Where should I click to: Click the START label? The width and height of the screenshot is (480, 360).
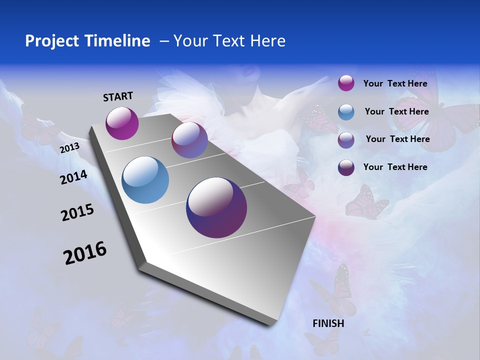tap(118, 96)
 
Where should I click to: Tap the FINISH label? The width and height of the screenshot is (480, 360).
tap(328, 323)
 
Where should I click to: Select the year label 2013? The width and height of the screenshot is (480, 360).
tap(69, 148)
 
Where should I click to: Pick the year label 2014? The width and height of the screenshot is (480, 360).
tap(73, 177)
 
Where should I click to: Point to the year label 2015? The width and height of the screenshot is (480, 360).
tap(77, 212)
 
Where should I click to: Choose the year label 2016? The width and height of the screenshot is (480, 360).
tap(85, 253)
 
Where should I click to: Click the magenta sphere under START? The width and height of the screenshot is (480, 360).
tap(122, 123)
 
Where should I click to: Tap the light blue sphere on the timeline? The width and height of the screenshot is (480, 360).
tap(145, 180)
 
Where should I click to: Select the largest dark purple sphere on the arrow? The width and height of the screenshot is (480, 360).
tap(216, 207)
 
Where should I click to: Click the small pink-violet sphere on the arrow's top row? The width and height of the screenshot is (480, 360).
tap(189, 140)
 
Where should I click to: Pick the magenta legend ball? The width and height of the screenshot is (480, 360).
tap(346, 83)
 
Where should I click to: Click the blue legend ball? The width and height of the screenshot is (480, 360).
tap(346, 112)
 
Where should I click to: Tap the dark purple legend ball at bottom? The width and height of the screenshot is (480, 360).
tap(346, 167)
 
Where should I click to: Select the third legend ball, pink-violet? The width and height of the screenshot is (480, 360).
tap(346, 140)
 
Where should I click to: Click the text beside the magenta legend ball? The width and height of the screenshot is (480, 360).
tap(395, 83)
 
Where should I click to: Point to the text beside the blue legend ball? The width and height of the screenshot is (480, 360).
tap(396, 111)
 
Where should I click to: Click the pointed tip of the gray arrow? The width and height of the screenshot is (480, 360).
tap(272, 322)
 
